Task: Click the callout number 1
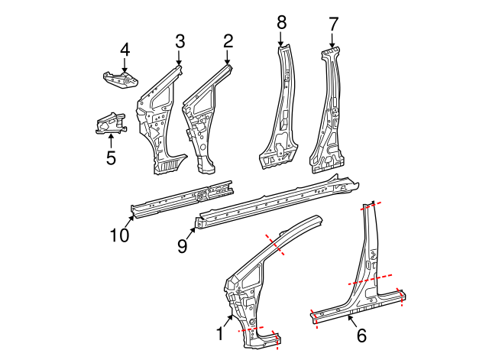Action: (220, 334)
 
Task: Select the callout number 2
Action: (228, 41)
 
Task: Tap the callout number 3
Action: (180, 41)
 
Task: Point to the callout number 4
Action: (125, 50)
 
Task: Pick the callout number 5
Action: (111, 157)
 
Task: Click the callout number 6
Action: (361, 336)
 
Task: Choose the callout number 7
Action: (333, 24)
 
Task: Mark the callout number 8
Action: (281, 22)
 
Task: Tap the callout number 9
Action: (183, 246)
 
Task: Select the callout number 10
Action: (119, 235)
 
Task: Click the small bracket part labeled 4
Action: (121, 79)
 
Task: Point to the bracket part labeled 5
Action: (112, 124)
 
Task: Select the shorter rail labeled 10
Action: (182, 199)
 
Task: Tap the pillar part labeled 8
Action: (279, 108)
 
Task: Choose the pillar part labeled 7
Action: (327, 111)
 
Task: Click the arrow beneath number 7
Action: (332, 41)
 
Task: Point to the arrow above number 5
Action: (111, 141)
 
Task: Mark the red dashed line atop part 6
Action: (371, 206)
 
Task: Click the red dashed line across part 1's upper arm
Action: (274, 245)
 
